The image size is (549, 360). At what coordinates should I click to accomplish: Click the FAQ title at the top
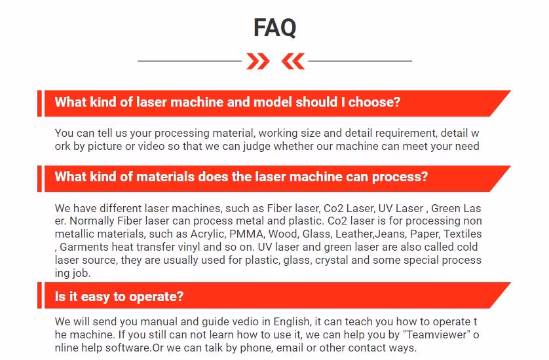click(275, 27)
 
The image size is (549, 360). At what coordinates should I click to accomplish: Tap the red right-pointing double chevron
click(257, 62)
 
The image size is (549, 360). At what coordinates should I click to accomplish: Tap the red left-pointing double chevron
click(293, 62)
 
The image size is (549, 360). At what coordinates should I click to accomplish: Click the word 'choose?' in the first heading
click(374, 102)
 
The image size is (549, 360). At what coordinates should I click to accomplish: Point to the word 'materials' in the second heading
click(165, 177)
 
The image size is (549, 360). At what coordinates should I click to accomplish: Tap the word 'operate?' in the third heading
click(156, 297)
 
